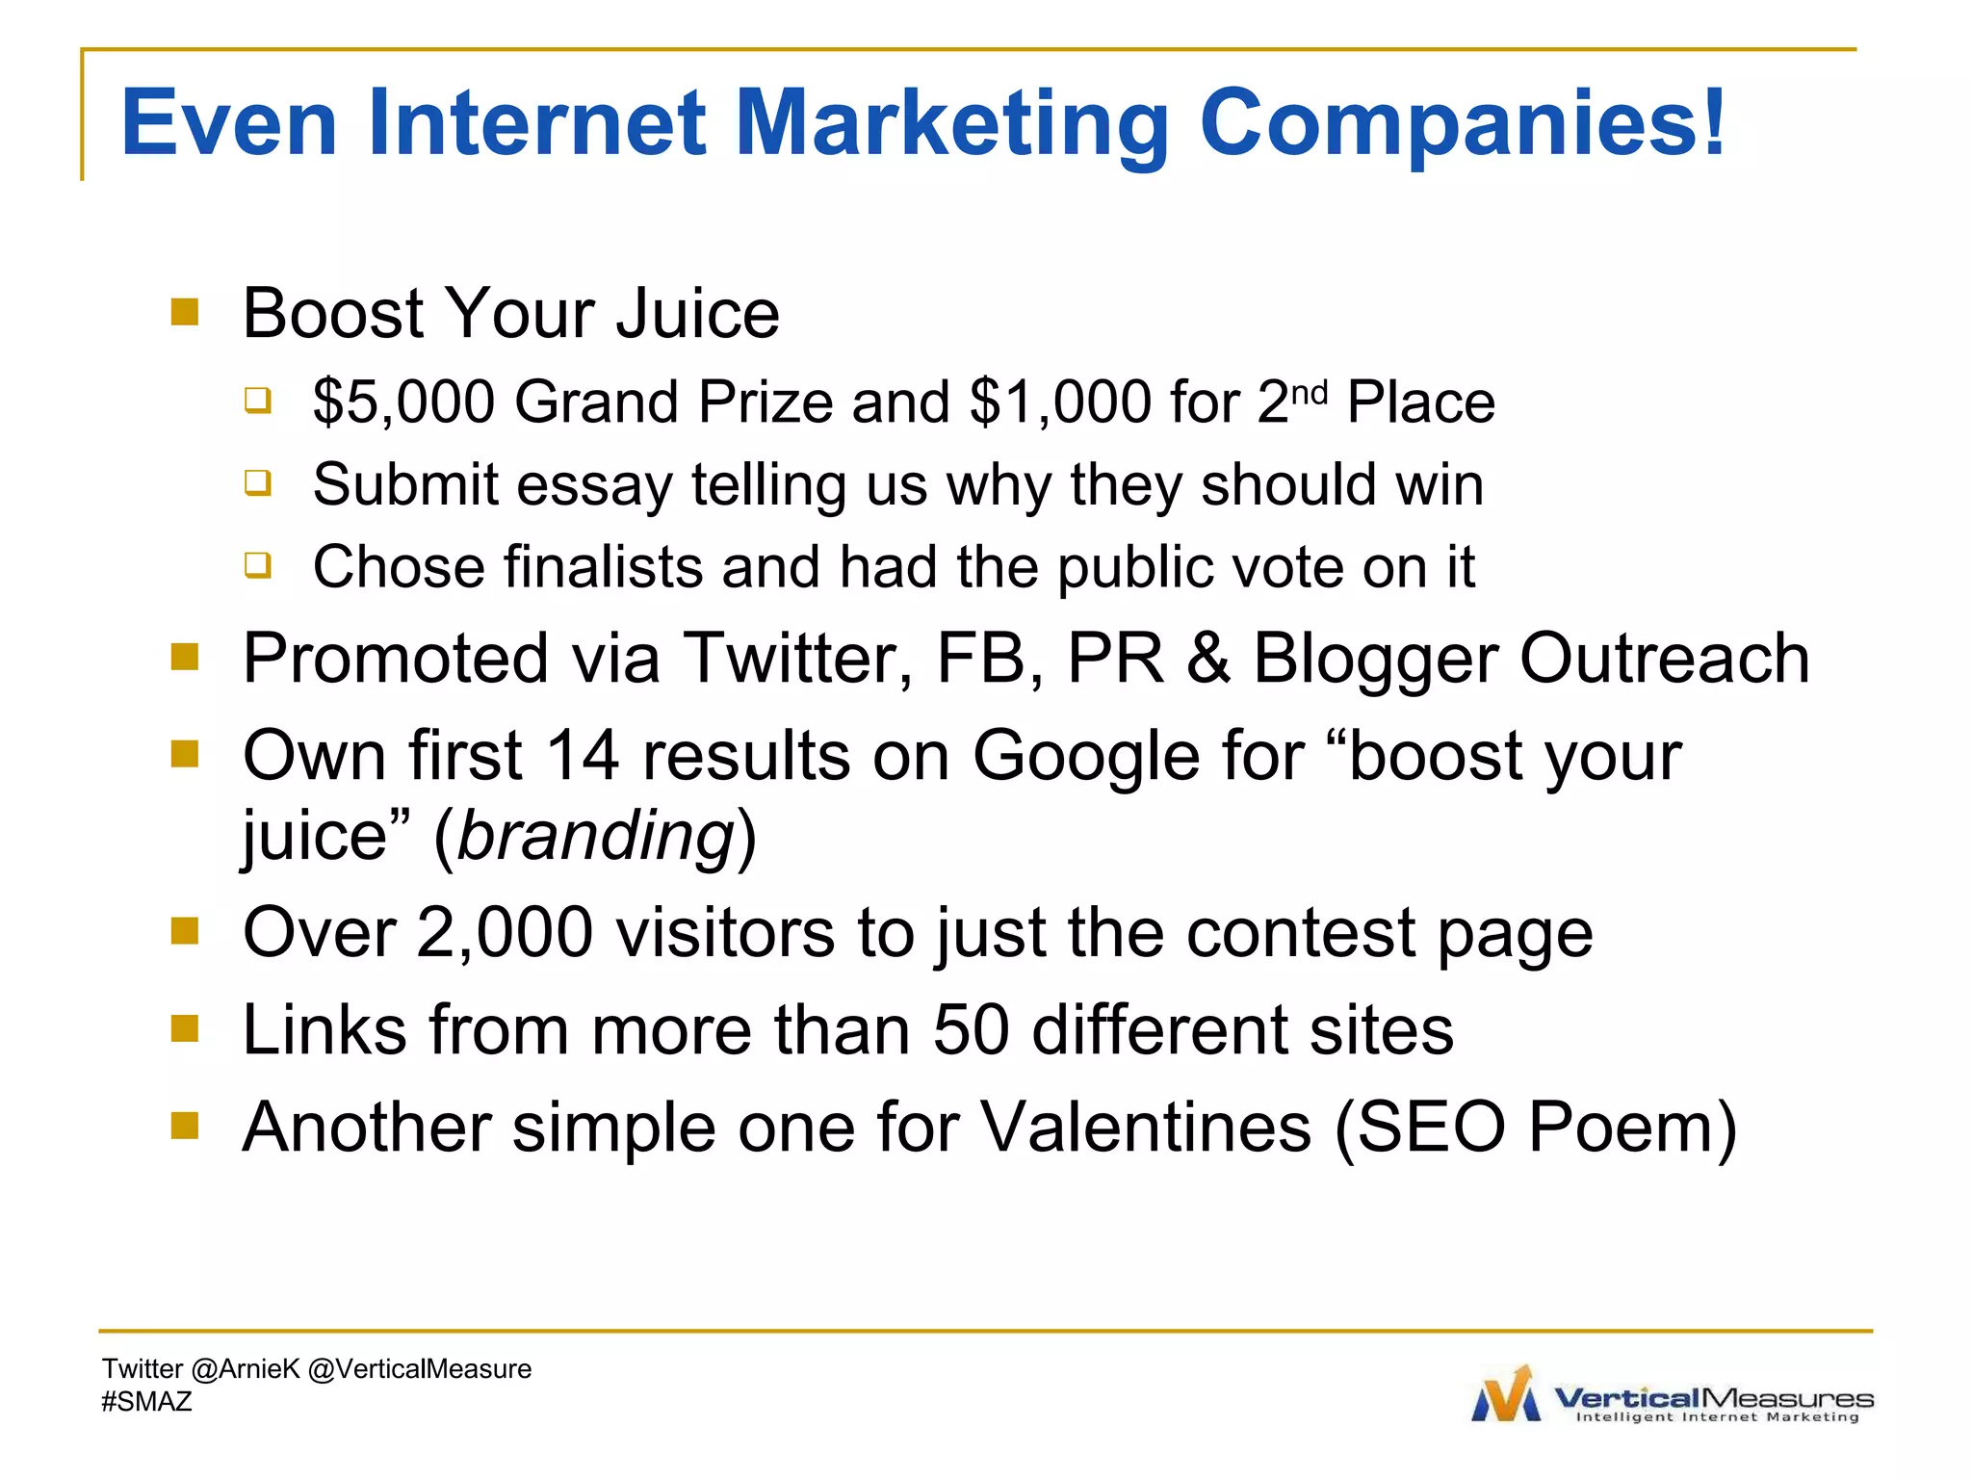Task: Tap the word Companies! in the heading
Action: tap(1462, 123)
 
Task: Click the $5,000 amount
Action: tap(403, 402)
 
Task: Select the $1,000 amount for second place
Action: tap(1060, 402)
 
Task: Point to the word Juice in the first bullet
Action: tap(698, 314)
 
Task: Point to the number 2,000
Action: tap(504, 933)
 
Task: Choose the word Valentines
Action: tap(1146, 1128)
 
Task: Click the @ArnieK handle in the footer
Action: tap(246, 1369)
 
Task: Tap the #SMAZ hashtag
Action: tap(146, 1402)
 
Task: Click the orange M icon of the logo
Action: tap(1507, 1394)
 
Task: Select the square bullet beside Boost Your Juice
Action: tap(184, 312)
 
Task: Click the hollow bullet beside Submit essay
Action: tap(257, 481)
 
